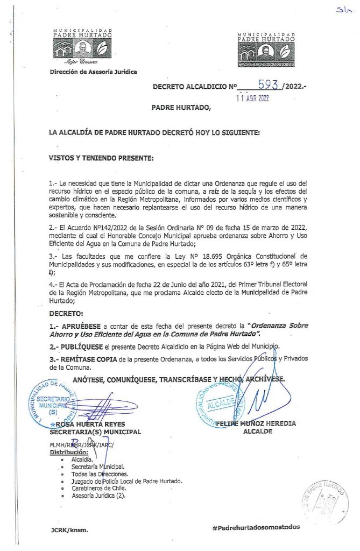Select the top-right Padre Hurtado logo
[x=266, y=50]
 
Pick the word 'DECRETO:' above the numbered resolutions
[x=66, y=313]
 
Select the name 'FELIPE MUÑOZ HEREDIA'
[x=256, y=423]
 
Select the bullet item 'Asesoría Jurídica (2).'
[x=98, y=496]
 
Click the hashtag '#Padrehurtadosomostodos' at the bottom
[x=256, y=528]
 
